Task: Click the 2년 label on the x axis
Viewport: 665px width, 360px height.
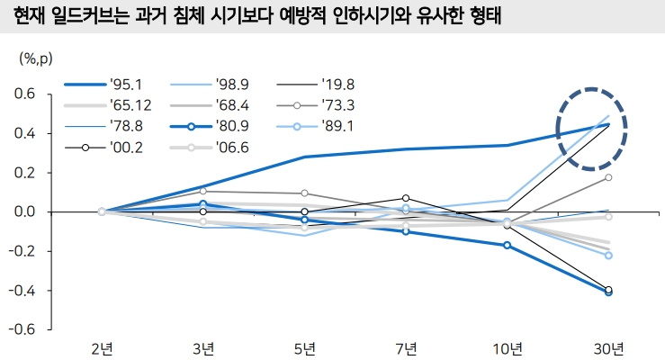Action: pyautogui.click(x=102, y=348)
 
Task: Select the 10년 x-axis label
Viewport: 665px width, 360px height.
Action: pyautogui.click(x=508, y=348)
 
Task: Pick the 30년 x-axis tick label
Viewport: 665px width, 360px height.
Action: pyautogui.click(x=609, y=348)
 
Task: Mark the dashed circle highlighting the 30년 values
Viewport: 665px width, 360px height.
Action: pyautogui.click(x=591, y=129)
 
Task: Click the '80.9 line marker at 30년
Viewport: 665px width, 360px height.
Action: pyautogui.click(x=609, y=292)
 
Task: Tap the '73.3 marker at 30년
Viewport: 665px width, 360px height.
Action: pyautogui.click(x=609, y=177)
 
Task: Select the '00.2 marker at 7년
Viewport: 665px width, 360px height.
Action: pyautogui.click(x=406, y=198)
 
